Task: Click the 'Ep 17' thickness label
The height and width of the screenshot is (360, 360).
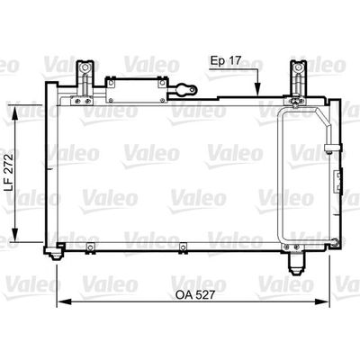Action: (225, 61)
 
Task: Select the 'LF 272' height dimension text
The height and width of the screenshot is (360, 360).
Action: (10, 173)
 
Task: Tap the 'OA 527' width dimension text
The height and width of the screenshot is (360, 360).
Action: (195, 295)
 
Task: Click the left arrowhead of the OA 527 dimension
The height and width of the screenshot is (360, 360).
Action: (64, 301)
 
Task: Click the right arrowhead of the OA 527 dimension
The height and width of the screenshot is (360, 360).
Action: (322, 301)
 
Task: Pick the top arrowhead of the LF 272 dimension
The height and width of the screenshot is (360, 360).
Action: (15, 112)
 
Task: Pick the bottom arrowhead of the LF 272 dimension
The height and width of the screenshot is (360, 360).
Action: (15, 235)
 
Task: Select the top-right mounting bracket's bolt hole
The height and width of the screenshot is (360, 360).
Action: (298, 67)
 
